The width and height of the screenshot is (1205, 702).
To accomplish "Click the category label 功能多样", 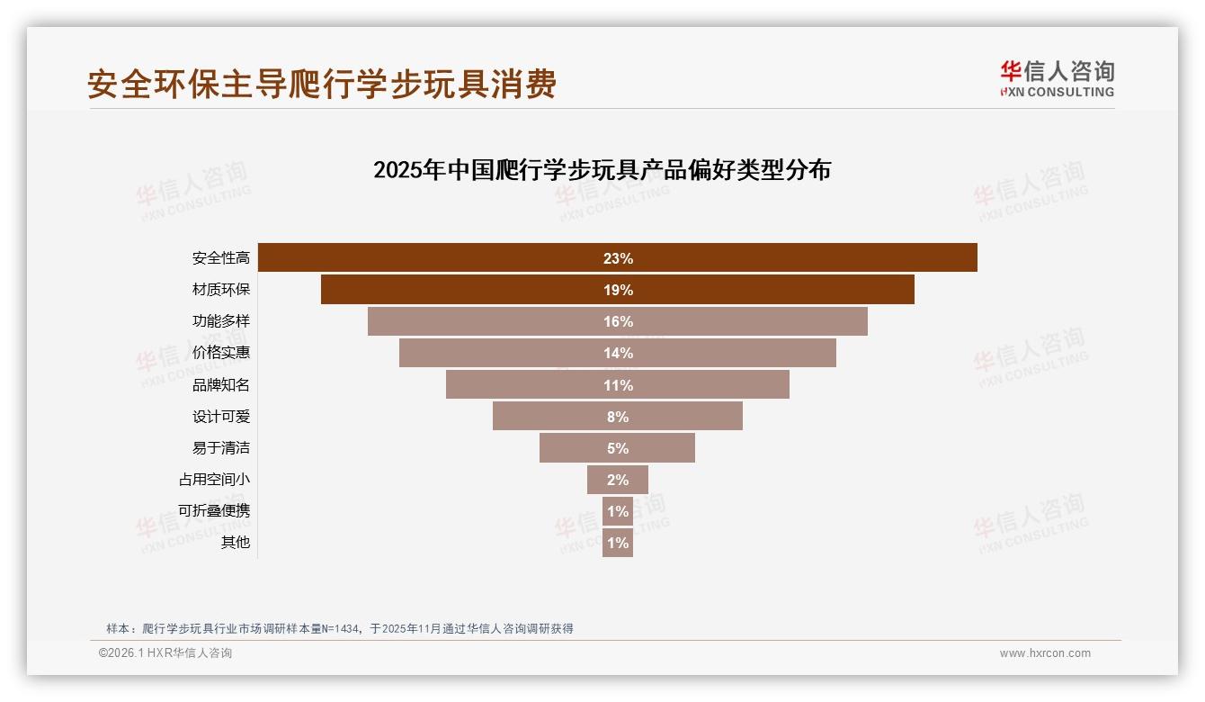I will pyautogui.click(x=221, y=321).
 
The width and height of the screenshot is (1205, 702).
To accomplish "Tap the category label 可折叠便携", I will pyautogui.click(x=214, y=511).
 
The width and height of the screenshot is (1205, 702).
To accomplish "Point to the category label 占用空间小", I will pyautogui.click(x=214, y=480).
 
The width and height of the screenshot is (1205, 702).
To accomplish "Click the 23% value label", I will pyautogui.click(x=618, y=258).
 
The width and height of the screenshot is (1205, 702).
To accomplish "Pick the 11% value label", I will pyautogui.click(x=618, y=385).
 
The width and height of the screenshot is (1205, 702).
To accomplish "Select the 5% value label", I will pyautogui.click(x=618, y=448).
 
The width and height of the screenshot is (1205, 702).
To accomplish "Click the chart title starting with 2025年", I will pyautogui.click(x=602, y=170).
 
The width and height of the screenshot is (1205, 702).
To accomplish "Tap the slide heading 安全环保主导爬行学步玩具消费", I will pyautogui.click(x=322, y=84).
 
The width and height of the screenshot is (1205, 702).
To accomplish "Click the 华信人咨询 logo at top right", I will pyautogui.click(x=1057, y=78).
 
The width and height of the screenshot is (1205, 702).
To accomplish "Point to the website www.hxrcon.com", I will pyautogui.click(x=1045, y=653).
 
